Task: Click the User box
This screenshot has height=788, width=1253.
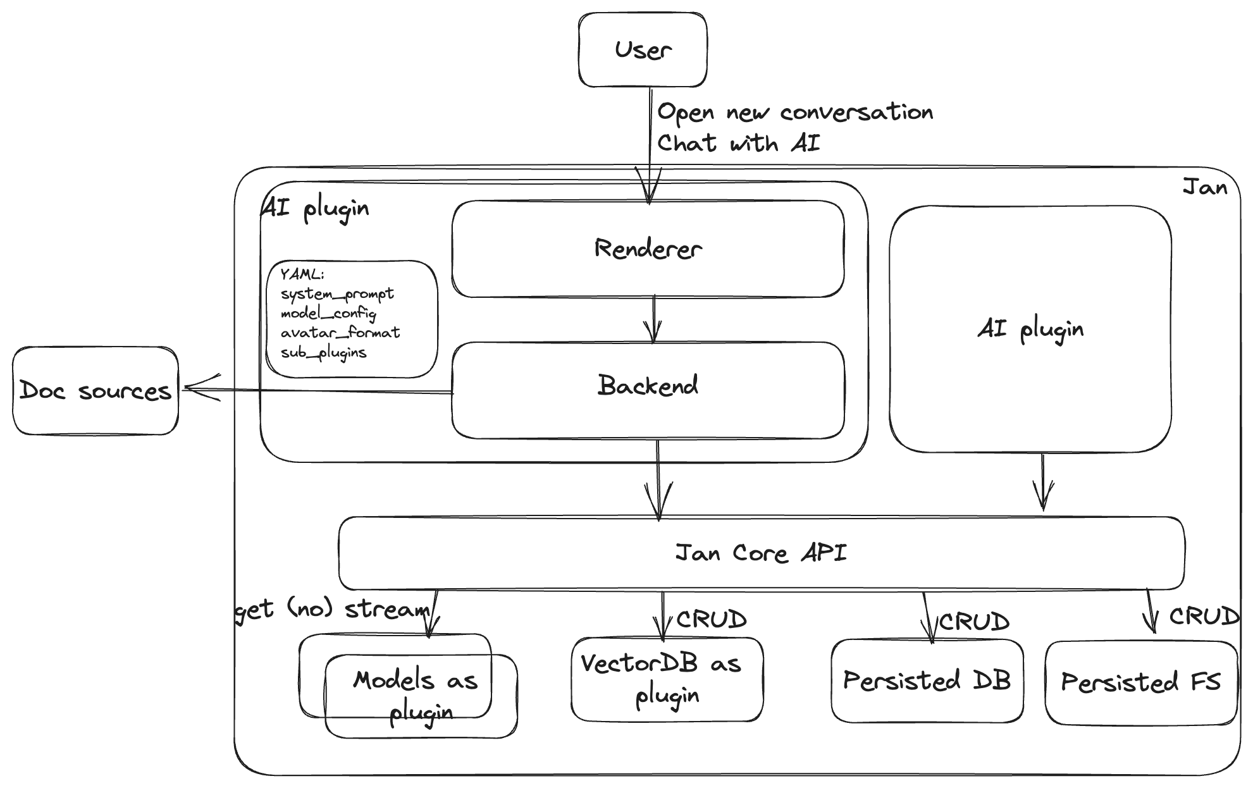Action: [642, 50]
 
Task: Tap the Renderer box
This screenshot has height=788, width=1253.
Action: [648, 249]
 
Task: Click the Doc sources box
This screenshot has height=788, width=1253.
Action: [95, 391]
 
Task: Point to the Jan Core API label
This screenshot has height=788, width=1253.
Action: [761, 553]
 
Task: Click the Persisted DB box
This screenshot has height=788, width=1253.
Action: [927, 681]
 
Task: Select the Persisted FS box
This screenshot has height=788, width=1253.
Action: [1140, 682]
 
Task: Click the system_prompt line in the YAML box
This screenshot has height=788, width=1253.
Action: [337, 294]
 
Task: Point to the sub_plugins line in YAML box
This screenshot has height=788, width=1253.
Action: [323, 353]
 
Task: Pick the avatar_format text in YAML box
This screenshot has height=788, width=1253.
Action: [340, 333]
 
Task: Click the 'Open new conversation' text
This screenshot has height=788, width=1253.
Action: [795, 113]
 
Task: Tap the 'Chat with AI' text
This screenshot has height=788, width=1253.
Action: [738, 144]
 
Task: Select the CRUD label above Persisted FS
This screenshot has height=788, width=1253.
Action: [1202, 616]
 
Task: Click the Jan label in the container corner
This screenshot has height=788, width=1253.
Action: [1204, 187]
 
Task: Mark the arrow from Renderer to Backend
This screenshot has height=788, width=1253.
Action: [653, 320]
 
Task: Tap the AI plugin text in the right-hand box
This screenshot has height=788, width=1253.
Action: [1030, 329]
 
